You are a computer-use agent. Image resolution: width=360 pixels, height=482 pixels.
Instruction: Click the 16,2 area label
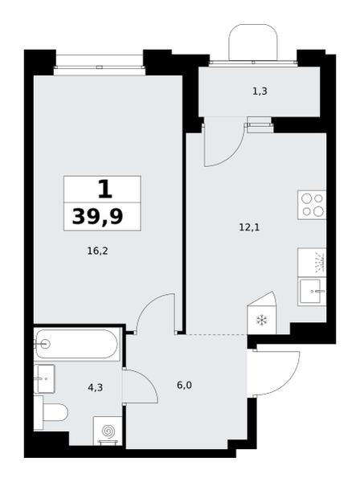[97, 251]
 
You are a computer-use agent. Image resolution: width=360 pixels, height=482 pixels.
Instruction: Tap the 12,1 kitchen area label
[249, 228]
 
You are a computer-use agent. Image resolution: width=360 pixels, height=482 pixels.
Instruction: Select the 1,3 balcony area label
[260, 92]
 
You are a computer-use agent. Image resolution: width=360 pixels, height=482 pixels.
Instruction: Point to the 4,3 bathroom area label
[96, 388]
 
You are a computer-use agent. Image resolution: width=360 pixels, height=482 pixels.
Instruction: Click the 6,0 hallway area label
[185, 385]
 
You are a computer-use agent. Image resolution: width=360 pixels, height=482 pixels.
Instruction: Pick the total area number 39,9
[98, 216]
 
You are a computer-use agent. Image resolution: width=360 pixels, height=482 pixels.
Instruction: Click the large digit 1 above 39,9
[105, 190]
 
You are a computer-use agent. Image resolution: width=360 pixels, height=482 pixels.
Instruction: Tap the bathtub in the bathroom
[76, 344]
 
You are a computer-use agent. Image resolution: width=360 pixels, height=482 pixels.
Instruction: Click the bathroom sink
[44, 378]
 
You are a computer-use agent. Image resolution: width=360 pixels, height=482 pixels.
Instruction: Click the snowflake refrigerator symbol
[262, 321]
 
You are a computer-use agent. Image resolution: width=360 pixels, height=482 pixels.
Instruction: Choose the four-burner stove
[312, 205]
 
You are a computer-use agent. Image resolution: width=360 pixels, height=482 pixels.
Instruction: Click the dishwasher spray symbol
[320, 262]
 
